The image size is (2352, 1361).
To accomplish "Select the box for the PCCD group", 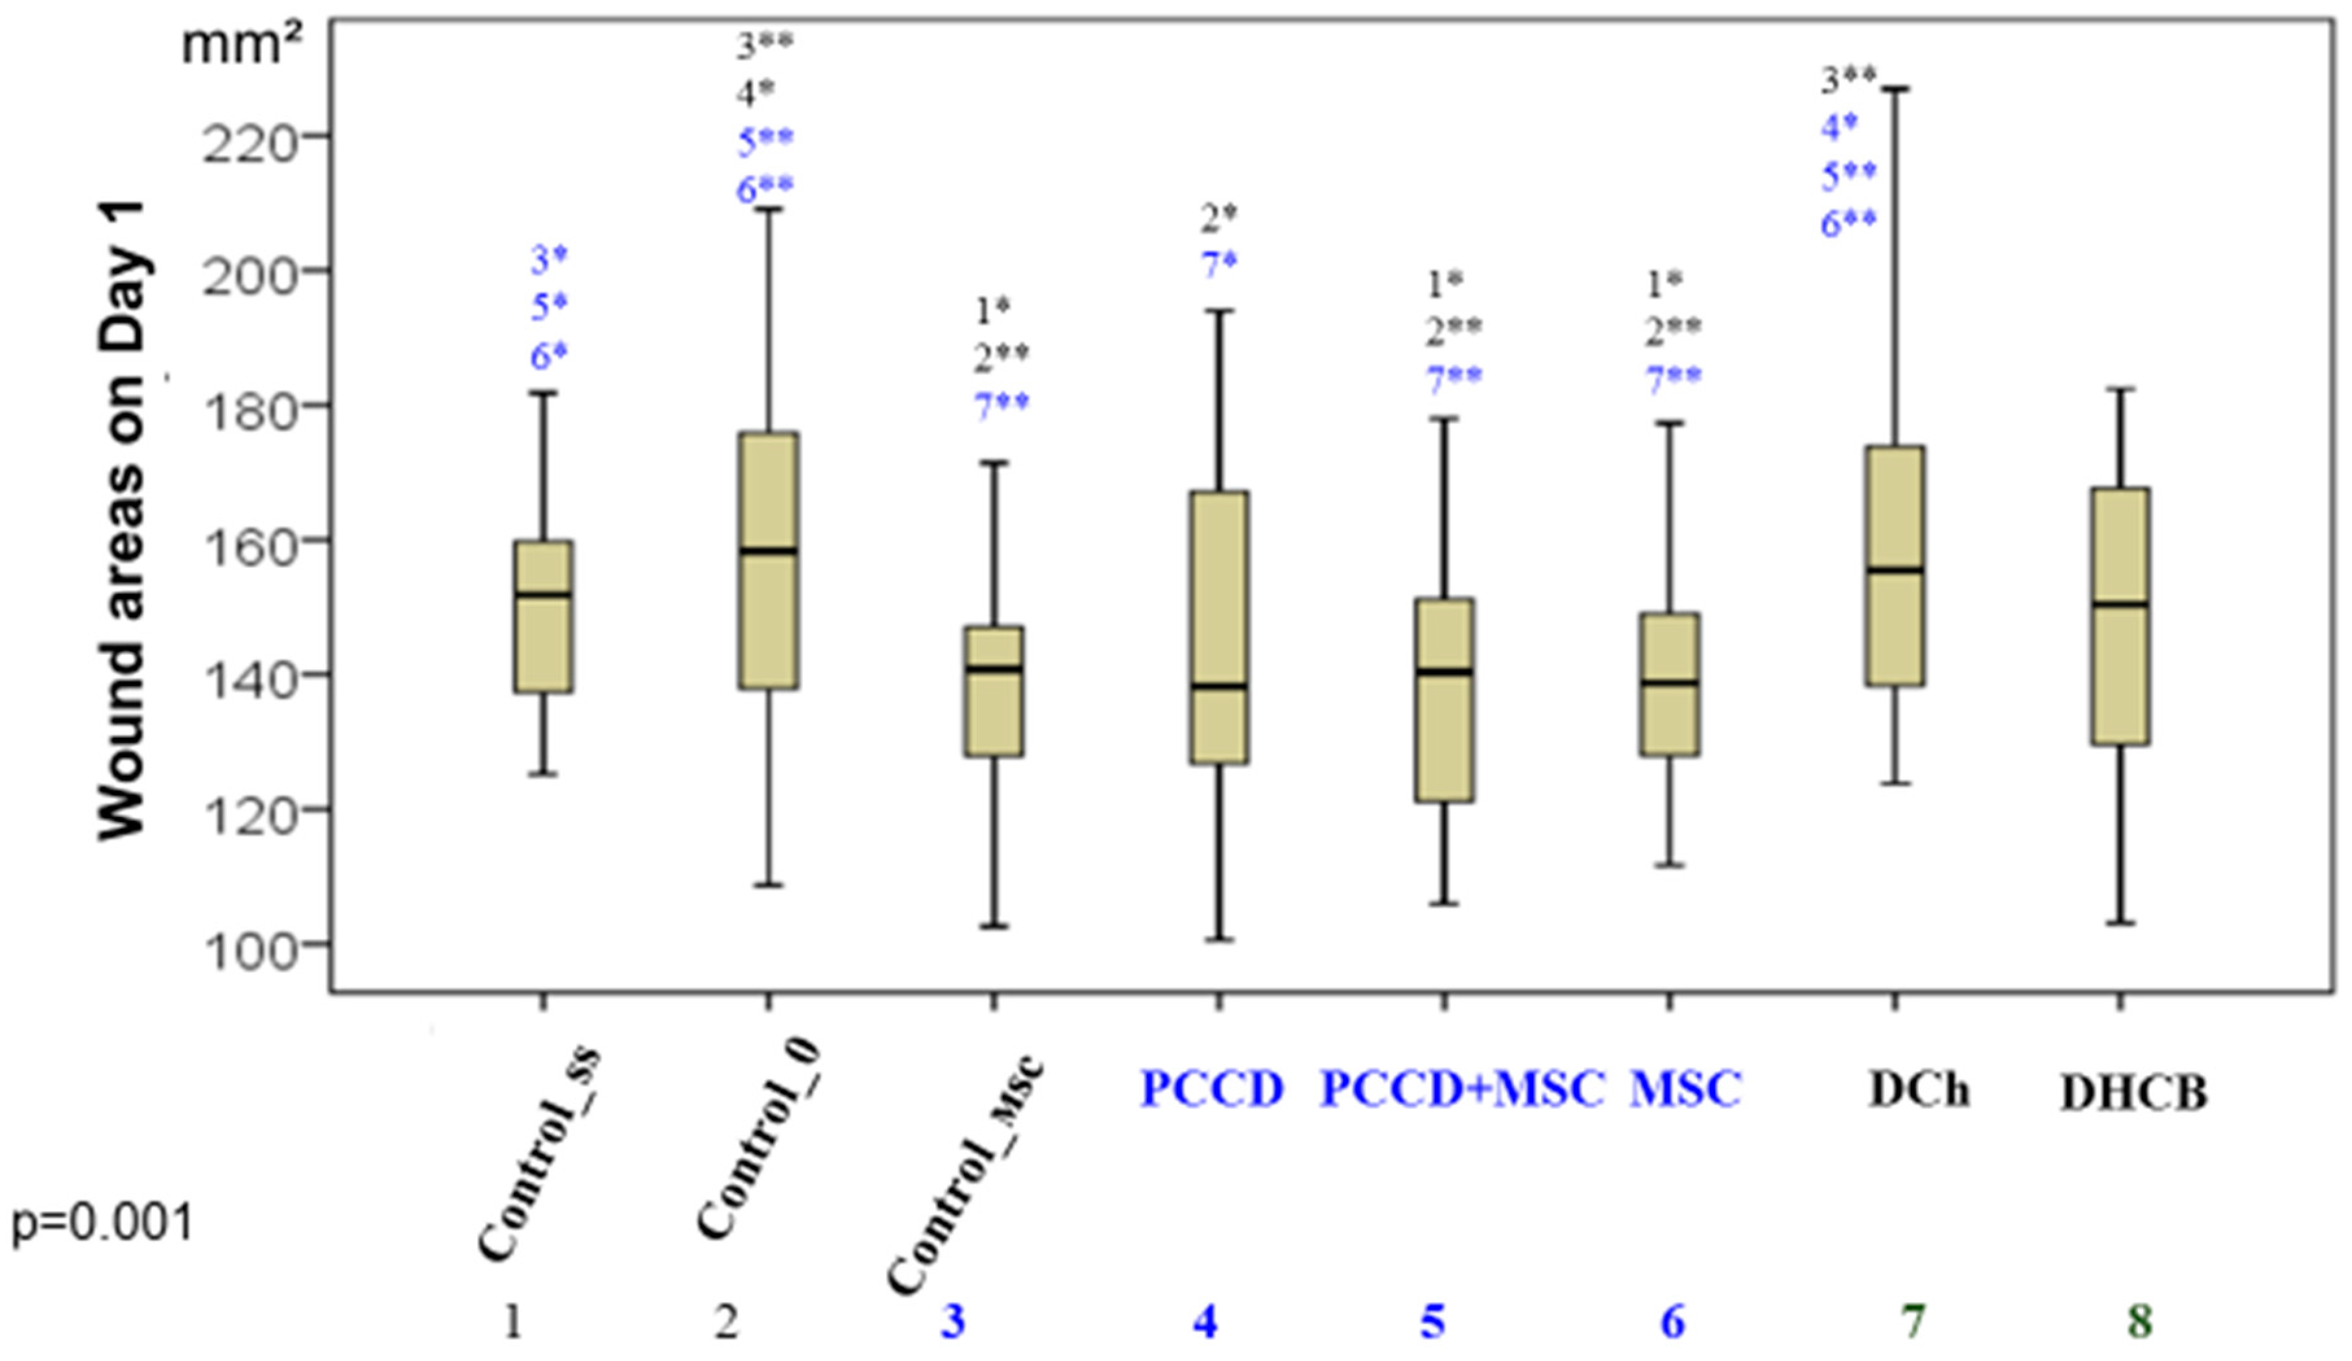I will click(1219, 627).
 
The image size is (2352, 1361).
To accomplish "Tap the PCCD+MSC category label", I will click(1461, 1089).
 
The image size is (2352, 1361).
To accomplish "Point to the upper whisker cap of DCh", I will click(1895, 89).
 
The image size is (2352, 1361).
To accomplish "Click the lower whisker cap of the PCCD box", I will click(1219, 940).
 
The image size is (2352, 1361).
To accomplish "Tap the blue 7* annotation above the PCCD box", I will click(1219, 264).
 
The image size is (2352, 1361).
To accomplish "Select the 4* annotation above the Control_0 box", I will click(756, 93).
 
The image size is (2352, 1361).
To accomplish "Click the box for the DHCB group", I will click(2120, 616).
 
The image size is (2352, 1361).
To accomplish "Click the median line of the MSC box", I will click(1671, 682).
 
